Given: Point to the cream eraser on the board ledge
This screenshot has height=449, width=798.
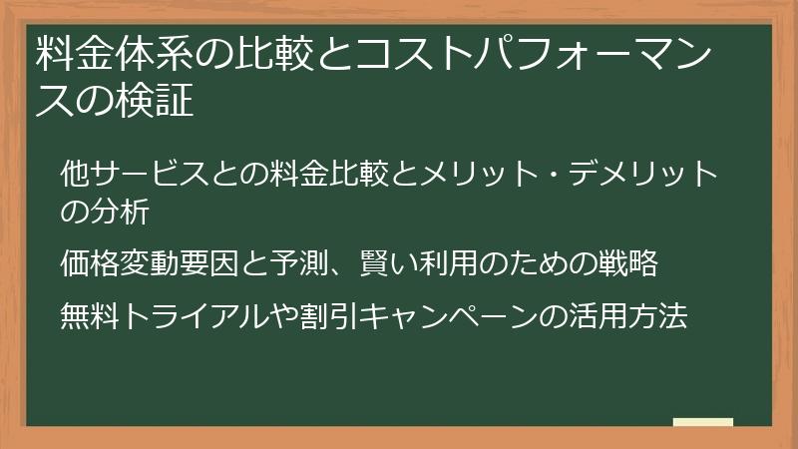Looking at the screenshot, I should point(702,423).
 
